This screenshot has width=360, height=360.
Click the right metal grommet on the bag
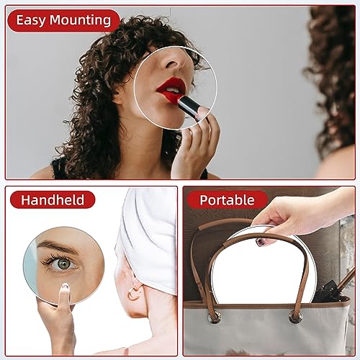(x=296, y=315)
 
